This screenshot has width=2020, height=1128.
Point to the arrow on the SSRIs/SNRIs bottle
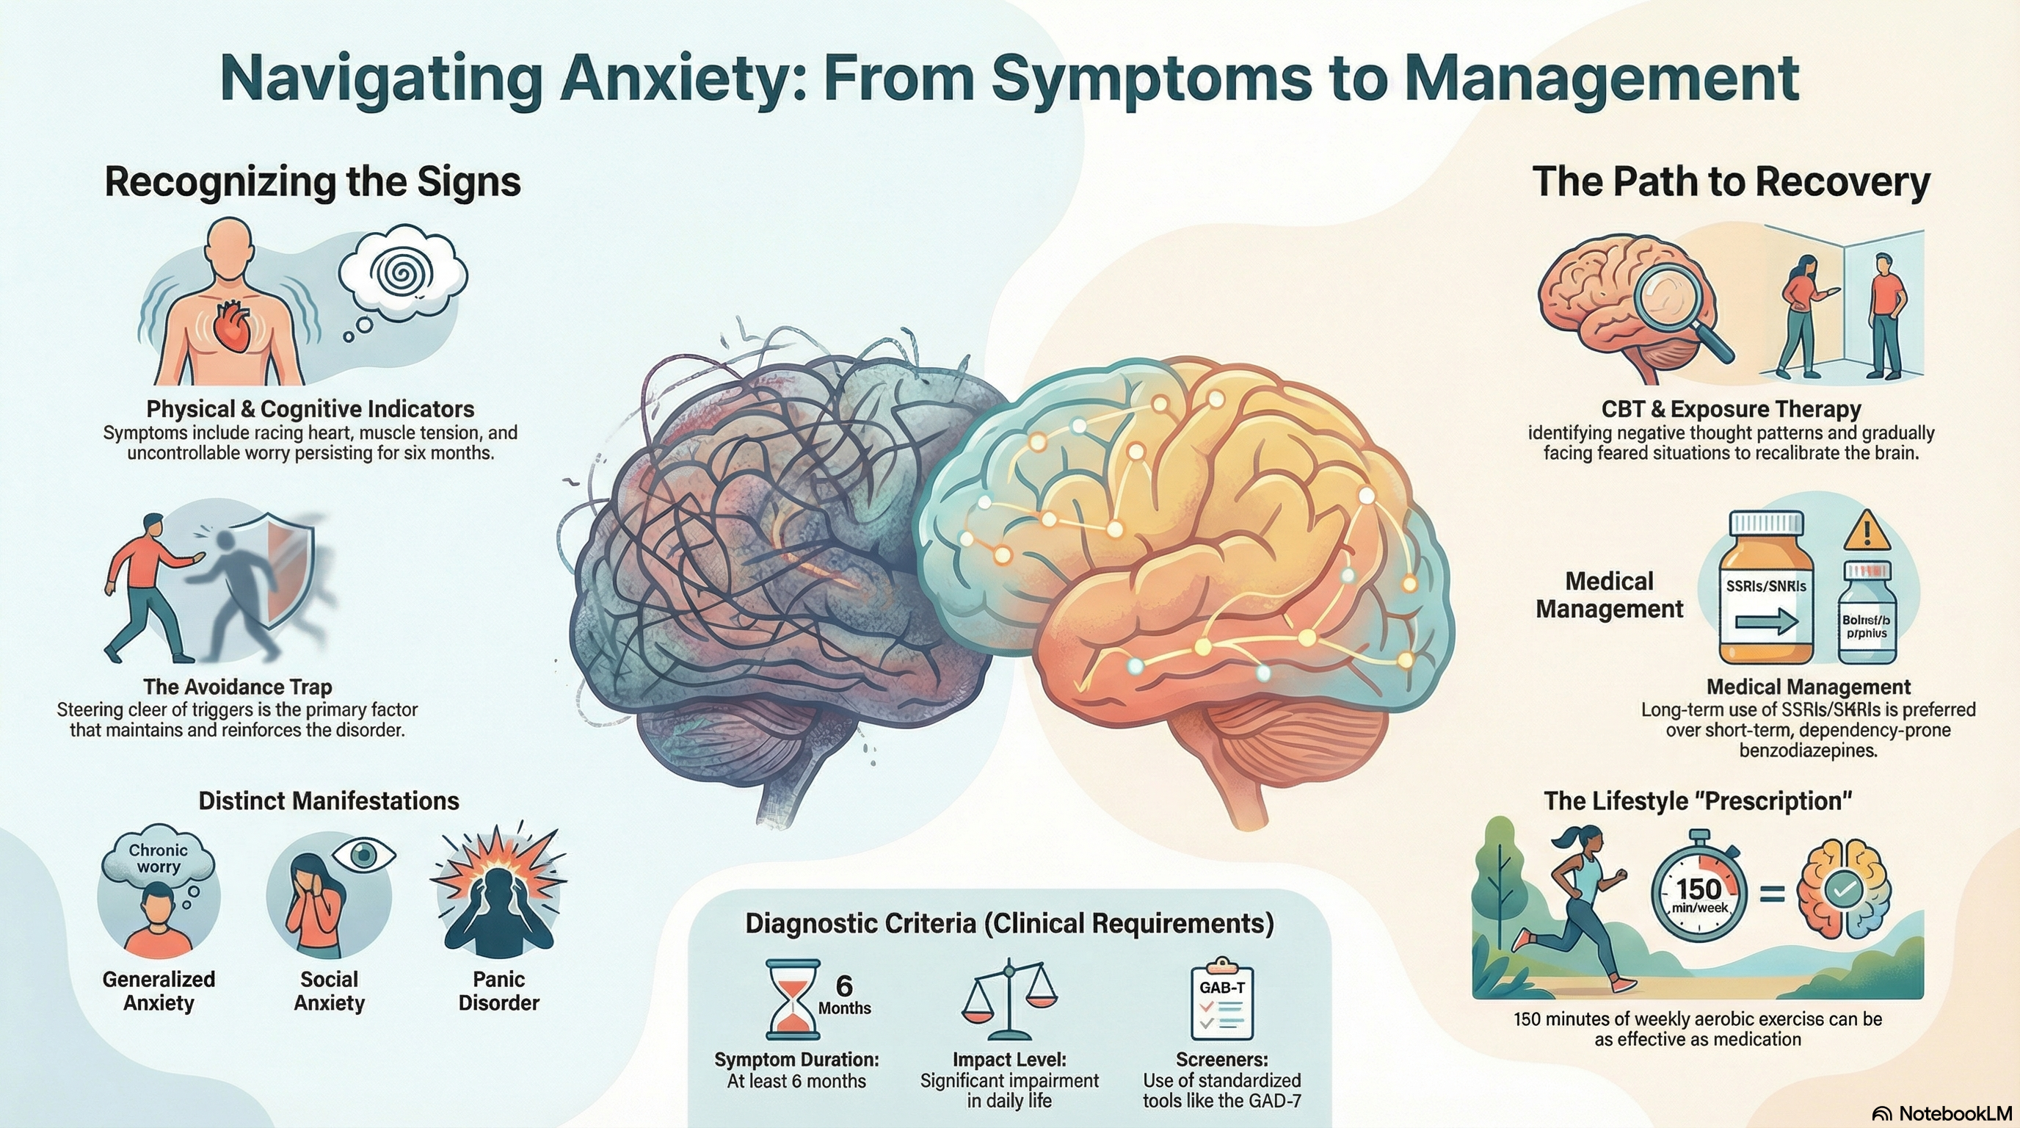pyautogui.click(x=1766, y=623)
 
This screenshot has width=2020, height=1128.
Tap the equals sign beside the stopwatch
pyautogui.click(x=1772, y=895)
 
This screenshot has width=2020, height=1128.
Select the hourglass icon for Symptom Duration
pyautogui.click(x=793, y=999)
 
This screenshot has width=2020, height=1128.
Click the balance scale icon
pyautogui.click(x=1009, y=998)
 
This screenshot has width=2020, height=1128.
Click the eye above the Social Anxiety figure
pyautogui.click(x=365, y=853)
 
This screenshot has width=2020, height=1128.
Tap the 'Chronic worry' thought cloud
pyautogui.click(x=159, y=858)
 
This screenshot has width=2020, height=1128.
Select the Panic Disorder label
pyautogui.click(x=498, y=991)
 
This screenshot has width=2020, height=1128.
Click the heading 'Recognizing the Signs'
pyautogui.click(x=313, y=182)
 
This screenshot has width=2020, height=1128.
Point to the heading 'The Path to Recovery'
pyautogui.click(x=1731, y=182)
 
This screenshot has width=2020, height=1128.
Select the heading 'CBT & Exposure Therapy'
pyautogui.click(x=1731, y=409)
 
